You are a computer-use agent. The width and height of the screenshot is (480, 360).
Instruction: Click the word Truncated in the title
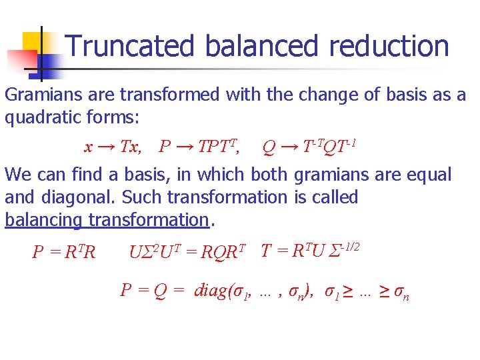tap(131, 46)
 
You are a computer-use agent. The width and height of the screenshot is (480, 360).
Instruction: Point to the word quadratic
tap(49, 118)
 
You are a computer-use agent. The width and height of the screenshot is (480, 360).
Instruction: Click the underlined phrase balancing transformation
tap(107, 219)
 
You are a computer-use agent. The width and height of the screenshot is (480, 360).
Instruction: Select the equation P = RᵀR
tap(64, 252)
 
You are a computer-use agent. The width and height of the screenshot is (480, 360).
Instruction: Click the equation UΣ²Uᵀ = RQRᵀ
tap(187, 252)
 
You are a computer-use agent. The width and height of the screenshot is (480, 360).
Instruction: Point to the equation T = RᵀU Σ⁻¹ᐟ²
tap(311, 251)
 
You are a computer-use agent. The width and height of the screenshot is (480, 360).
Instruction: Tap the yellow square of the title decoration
tap(31, 41)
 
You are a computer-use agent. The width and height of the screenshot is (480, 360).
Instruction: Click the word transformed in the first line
tap(175, 95)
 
